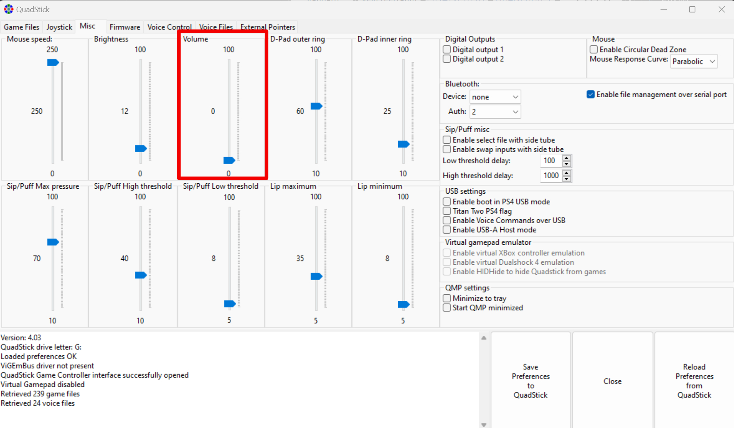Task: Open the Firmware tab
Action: pyautogui.click(x=125, y=27)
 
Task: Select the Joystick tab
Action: pyautogui.click(x=59, y=27)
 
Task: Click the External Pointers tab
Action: pyautogui.click(x=267, y=27)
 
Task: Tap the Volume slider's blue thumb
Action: pyautogui.click(x=229, y=160)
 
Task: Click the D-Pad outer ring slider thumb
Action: pyautogui.click(x=316, y=106)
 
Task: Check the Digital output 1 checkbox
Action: pyautogui.click(x=447, y=49)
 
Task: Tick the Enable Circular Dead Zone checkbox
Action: pyautogui.click(x=594, y=49)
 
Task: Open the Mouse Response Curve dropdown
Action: pyautogui.click(x=694, y=61)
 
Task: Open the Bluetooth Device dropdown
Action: pyautogui.click(x=495, y=97)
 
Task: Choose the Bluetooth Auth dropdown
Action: pyautogui.click(x=495, y=112)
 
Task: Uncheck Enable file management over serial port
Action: pyautogui.click(x=591, y=95)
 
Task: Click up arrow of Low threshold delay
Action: pyautogui.click(x=567, y=157)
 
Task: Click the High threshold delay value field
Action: pyautogui.click(x=551, y=176)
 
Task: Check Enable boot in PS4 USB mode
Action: pyautogui.click(x=447, y=202)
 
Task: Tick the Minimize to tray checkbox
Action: pyautogui.click(x=447, y=298)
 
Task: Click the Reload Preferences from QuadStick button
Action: pyautogui.click(x=694, y=381)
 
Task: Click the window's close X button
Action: pyautogui.click(x=722, y=9)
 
